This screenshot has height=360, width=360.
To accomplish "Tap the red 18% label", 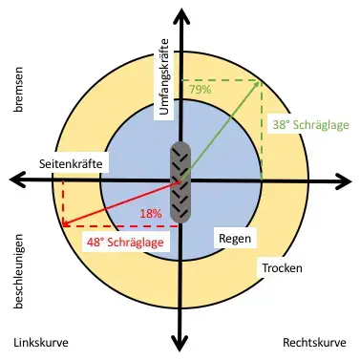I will click(x=151, y=213).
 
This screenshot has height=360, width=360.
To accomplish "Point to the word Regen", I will click(x=235, y=237).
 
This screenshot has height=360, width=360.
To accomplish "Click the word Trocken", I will click(x=283, y=269).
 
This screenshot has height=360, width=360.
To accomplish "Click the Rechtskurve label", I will click(x=316, y=342).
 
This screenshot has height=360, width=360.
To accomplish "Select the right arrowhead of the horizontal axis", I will click(x=348, y=179).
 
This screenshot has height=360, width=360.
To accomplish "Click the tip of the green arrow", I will click(x=260, y=83).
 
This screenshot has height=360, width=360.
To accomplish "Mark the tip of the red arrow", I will click(x=64, y=224).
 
